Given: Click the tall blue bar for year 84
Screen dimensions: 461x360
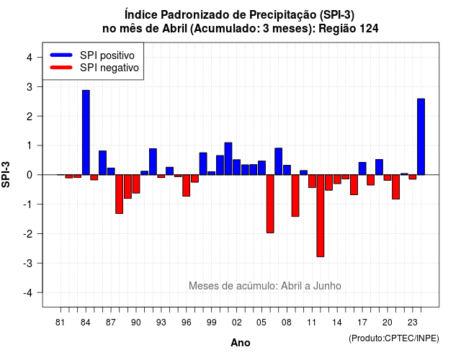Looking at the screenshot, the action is [86, 132].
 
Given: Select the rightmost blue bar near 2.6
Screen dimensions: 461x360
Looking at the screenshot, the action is [421, 137].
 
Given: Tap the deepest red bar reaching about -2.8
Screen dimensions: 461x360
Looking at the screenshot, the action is [321, 216].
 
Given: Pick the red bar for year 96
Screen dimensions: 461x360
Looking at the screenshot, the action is [186, 186].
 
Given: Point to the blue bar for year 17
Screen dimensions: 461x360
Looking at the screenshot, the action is [362, 168].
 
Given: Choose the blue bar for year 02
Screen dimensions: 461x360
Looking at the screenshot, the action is [237, 167].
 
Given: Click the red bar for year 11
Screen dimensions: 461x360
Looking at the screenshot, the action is [312, 181].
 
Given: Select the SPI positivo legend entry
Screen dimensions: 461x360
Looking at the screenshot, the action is [92, 55].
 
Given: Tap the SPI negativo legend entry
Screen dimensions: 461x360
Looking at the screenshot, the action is [94, 68].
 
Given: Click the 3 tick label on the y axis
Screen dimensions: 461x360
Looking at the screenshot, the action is [29, 87].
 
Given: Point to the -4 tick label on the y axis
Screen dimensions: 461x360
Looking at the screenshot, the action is [27, 293].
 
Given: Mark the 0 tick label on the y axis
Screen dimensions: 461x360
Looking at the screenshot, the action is [29, 175].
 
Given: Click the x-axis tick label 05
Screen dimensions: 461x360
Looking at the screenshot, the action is [261, 323].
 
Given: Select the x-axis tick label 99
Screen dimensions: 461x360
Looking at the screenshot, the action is [211, 323].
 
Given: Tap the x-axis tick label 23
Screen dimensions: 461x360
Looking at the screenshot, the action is [413, 323].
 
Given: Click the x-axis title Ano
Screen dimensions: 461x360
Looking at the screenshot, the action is [241, 343].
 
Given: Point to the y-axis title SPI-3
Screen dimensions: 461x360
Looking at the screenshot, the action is [6, 174].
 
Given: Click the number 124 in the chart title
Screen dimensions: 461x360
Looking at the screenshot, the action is [369, 29].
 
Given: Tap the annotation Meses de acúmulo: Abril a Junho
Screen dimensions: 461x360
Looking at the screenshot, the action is [265, 286].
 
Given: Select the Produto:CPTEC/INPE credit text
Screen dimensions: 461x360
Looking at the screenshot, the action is [394, 338].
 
